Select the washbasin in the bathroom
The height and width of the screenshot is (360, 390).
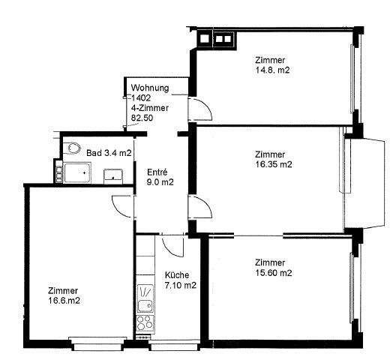click(x=112, y=175)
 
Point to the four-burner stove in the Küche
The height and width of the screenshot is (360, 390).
click(x=144, y=323)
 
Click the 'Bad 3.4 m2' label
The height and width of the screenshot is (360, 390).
click(x=109, y=153)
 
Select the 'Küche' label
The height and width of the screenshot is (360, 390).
click(x=178, y=275)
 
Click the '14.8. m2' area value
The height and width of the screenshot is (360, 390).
click(x=272, y=70)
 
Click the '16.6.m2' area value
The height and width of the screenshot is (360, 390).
click(x=64, y=301)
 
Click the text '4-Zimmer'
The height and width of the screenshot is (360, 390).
click(x=149, y=108)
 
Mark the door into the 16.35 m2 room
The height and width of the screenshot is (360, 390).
click(x=196, y=207)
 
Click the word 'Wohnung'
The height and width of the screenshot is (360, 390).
click(x=150, y=88)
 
